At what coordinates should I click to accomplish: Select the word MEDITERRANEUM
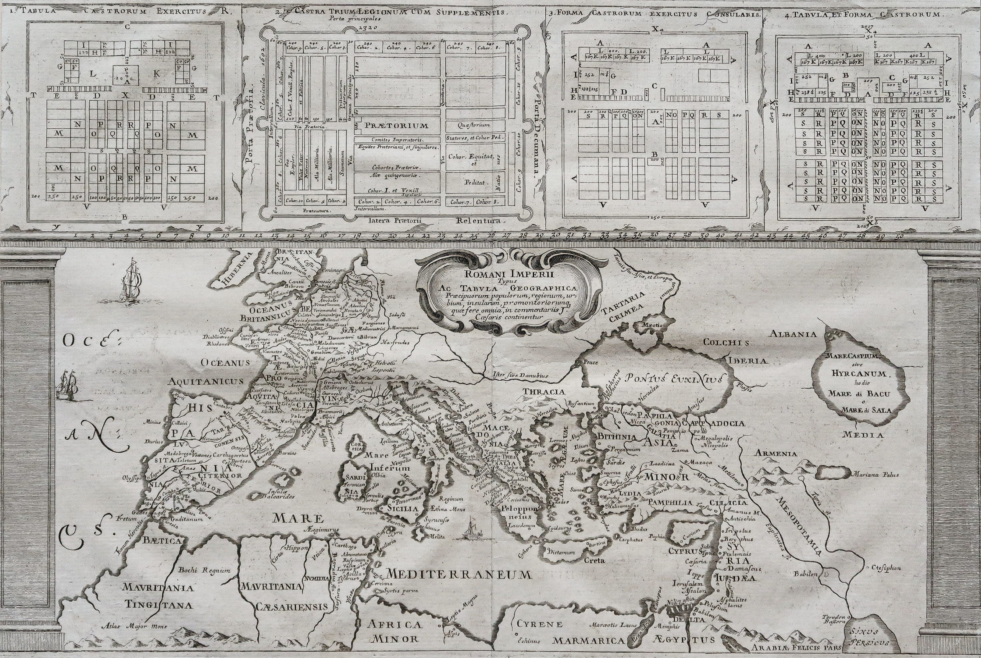coord(458,575)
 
